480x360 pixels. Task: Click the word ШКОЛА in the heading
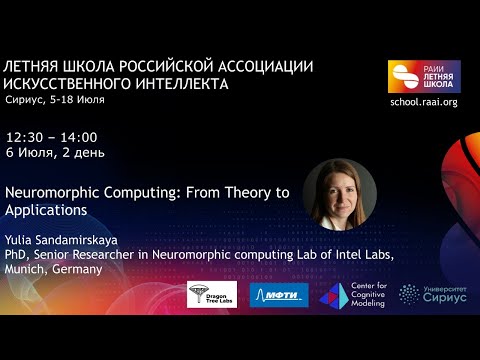[97, 66]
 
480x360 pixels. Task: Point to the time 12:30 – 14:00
[51, 136]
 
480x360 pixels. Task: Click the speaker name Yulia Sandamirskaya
[63, 240]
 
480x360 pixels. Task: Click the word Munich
[25, 270]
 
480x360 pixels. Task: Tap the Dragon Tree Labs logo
[212, 294]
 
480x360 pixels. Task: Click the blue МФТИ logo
[279, 295]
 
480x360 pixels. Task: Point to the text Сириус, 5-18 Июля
[55, 100]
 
